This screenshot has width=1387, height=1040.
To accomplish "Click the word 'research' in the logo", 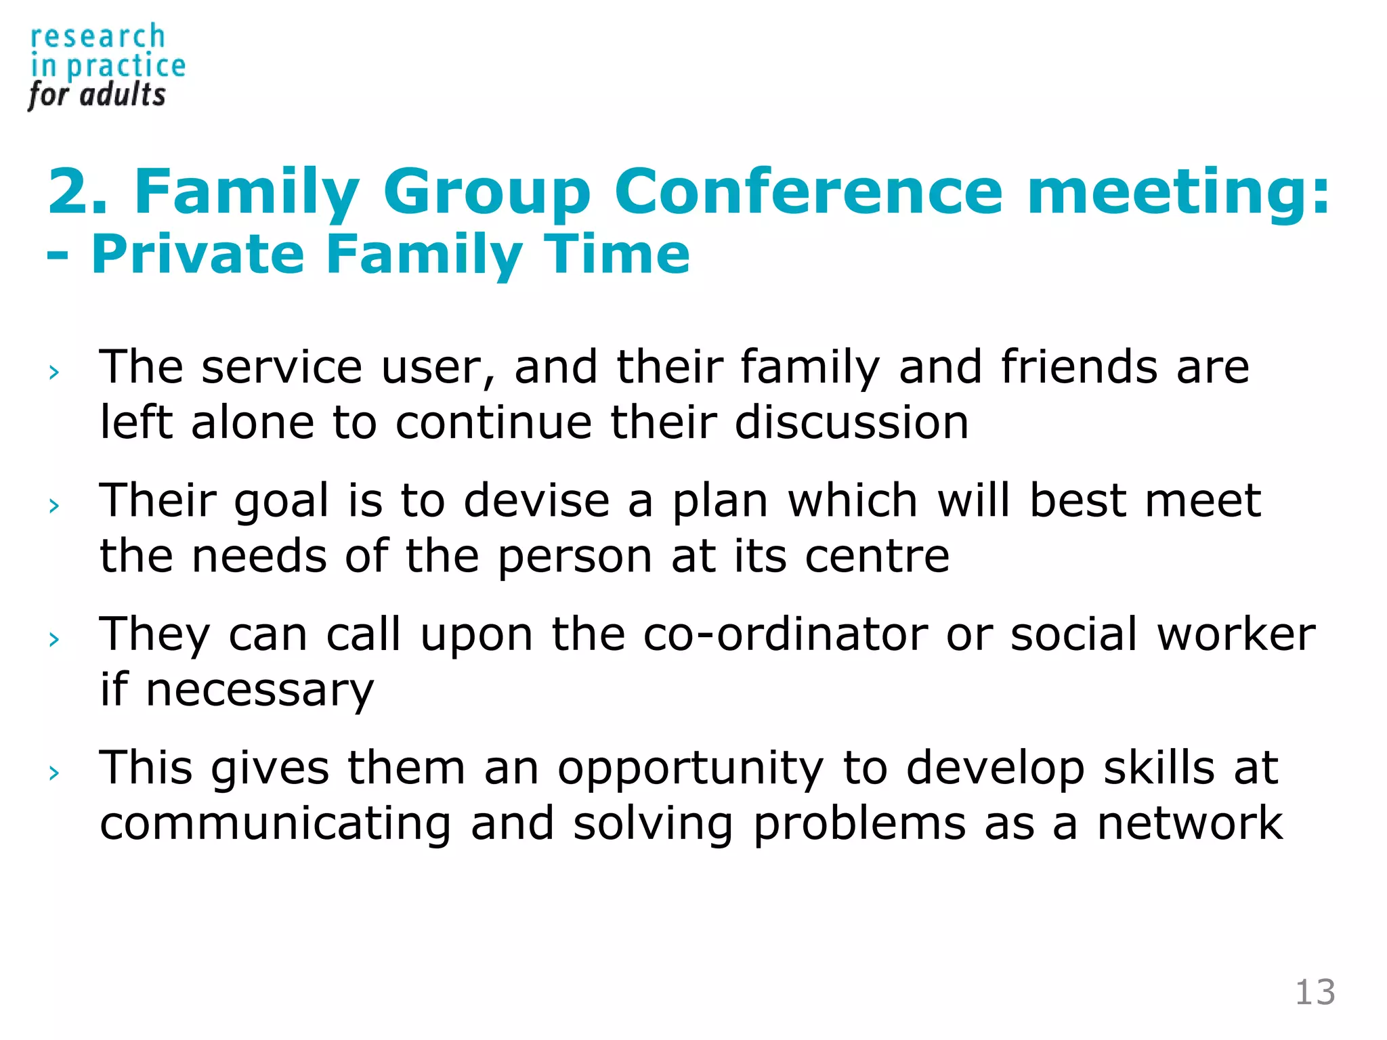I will click(98, 37).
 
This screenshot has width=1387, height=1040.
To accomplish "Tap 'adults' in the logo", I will click(123, 95).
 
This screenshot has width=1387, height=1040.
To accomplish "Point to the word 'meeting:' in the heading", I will click(1178, 193).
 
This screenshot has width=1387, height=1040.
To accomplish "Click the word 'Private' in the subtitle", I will click(197, 254).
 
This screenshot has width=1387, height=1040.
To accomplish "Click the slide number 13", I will click(1315, 993).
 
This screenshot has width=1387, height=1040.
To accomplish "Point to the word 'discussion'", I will click(851, 422).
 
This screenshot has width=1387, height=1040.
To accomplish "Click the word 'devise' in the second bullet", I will click(536, 501).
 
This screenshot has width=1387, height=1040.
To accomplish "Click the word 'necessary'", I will click(259, 691).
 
